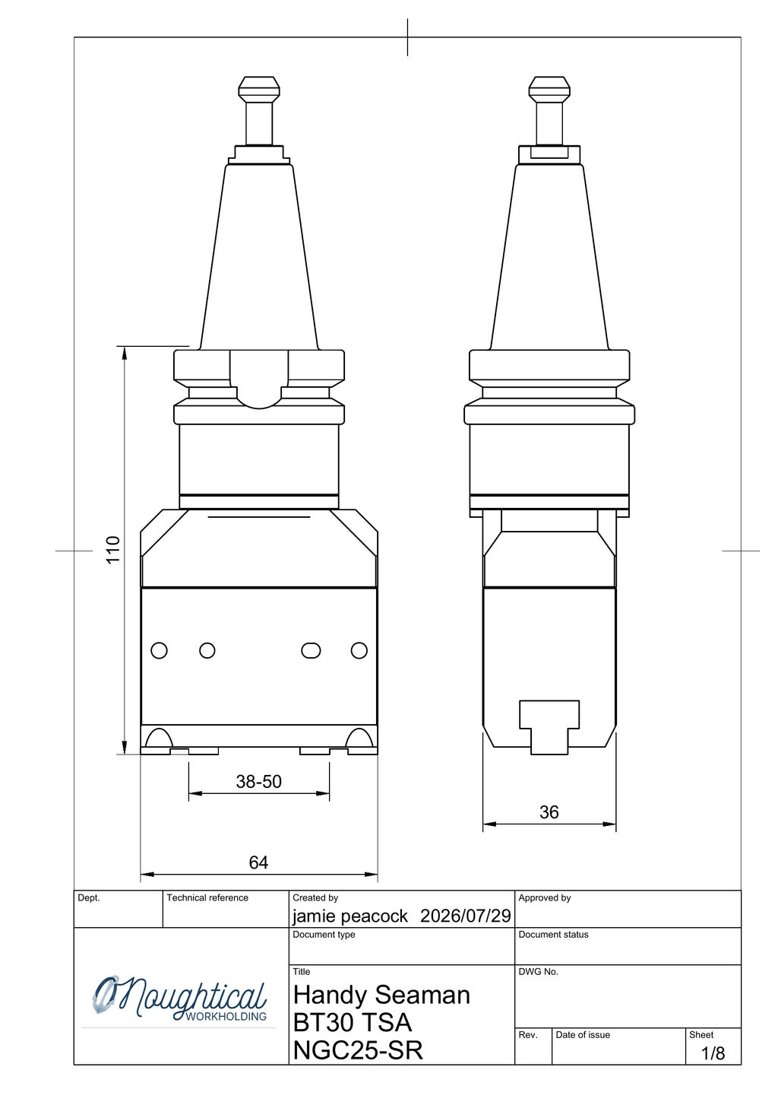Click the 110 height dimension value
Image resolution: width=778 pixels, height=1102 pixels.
[112, 550]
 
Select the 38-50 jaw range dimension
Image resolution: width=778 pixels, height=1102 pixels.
[258, 781]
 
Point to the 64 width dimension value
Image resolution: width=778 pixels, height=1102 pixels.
[258, 862]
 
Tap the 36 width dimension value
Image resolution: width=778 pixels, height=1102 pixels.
[549, 811]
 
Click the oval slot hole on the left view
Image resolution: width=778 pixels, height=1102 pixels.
[311, 650]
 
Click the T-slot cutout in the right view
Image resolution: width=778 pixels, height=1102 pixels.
[549, 727]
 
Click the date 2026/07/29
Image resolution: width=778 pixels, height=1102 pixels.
[466, 916]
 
